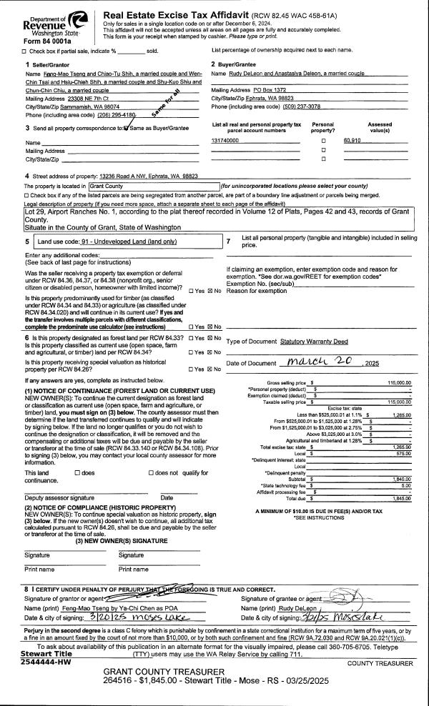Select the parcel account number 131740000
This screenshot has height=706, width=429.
coord(225,141)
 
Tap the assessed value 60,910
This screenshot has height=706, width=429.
coord(351,141)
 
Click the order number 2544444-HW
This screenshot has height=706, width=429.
coord(45,642)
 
